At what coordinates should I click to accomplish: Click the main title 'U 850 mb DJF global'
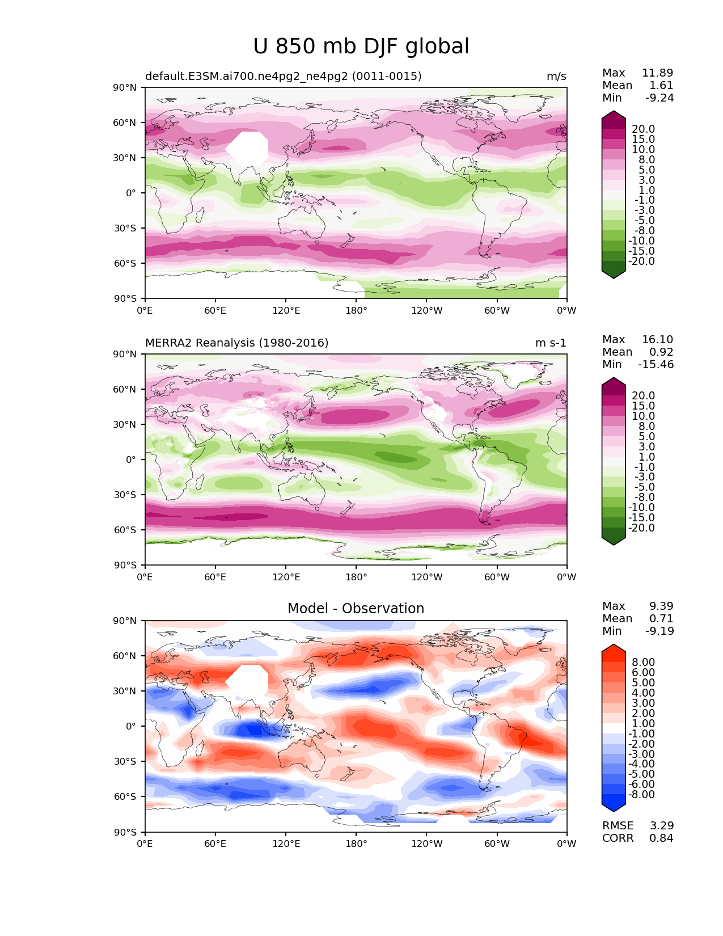[361, 46]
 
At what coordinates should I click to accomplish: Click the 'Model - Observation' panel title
[356, 608]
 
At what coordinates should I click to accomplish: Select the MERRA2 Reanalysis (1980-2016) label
[237, 343]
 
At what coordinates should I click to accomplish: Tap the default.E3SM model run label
[284, 76]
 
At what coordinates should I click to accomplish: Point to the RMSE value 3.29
[661, 825]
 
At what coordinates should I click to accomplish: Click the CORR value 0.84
[661, 838]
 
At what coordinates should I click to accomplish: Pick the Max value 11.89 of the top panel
[658, 73]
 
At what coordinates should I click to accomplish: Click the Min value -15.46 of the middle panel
[656, 364]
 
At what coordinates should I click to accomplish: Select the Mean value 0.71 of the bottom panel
[661, 618]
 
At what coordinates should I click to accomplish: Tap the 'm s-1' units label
[551, 343]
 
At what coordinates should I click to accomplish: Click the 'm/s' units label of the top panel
[556, 77]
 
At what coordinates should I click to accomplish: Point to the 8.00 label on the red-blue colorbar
[644, 662]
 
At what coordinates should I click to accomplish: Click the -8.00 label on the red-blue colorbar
[641, 794]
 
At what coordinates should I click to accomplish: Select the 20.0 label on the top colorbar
[644, 129]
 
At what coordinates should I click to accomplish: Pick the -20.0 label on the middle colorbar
[641, 528]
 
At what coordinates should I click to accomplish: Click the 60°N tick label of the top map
[124, 123]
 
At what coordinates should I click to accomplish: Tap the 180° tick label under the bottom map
[356, 844]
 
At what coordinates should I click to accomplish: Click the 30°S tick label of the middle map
[125, 495]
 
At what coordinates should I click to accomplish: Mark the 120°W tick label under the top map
[427, 310]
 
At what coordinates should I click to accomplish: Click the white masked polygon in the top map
[247, 149]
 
